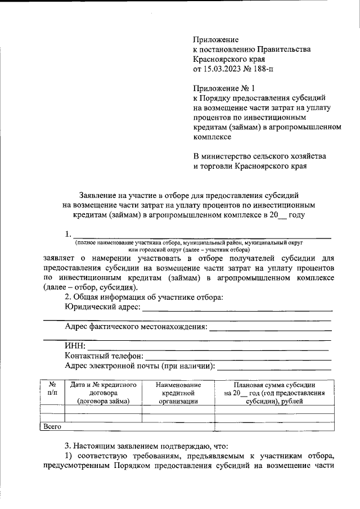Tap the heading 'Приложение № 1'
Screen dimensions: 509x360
(x=224, y=88)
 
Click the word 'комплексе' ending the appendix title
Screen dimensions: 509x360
(x=212, y=136)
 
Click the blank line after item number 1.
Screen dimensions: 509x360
(x=202, y=235)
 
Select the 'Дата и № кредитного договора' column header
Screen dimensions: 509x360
(x=103, y=392)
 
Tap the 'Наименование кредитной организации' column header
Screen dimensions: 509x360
(x=178, y=392)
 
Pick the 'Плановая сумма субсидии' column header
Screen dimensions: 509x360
(x=274, y=392)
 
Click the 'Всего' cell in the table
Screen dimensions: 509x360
(x=52, y=427)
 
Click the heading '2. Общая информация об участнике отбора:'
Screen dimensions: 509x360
(x=144, y=297)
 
